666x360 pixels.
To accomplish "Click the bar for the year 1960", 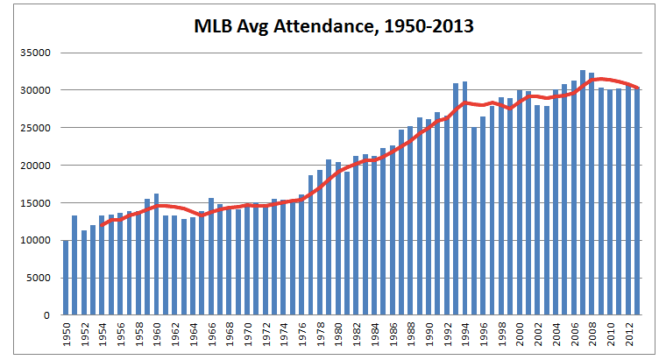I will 157,255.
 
